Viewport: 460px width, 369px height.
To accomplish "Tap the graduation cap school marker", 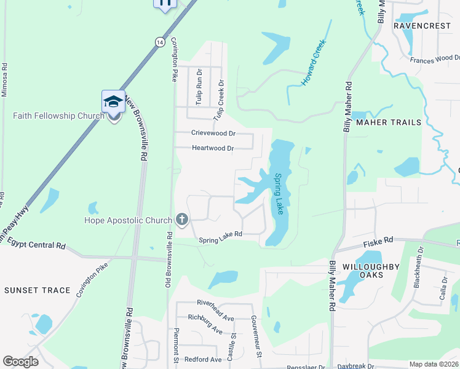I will [x=113, y=101].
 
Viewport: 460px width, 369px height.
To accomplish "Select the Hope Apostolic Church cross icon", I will [x=181, y=220].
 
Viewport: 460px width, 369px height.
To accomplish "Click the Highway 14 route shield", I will [x=160, y=42].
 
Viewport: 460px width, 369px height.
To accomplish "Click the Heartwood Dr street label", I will [x=213, y=148].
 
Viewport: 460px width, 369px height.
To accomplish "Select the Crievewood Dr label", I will [x=213, y=133].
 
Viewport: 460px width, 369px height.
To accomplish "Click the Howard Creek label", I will [x=312, y=64].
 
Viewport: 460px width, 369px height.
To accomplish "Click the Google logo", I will [x=20, y=361].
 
